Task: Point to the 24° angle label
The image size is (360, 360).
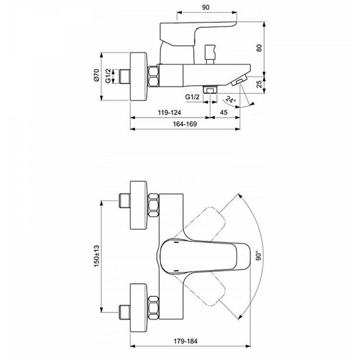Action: pos(231,100)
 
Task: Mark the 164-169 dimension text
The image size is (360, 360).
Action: pos(184,124)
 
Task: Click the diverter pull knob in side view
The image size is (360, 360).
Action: pos(209,50)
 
